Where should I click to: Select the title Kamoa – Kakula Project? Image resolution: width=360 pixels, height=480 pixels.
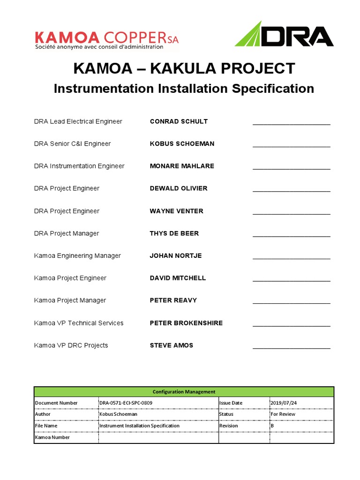click(184, 68)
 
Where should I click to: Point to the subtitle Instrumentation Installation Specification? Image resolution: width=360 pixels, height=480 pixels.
click(184, 89)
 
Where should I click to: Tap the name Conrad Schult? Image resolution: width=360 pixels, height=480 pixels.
click(179, 121)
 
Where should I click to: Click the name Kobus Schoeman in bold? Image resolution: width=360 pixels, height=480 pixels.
click(182, 144)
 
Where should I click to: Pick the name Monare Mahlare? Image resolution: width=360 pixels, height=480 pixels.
click(182, 166)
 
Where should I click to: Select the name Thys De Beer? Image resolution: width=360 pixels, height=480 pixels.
click(174, 233)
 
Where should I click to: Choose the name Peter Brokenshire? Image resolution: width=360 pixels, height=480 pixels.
click(186, 323)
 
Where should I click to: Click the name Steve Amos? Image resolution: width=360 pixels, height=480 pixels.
click(172, 345)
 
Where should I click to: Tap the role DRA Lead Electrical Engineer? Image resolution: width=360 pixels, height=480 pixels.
click(78, 121)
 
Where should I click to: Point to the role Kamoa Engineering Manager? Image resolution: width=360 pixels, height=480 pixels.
click(77, 256)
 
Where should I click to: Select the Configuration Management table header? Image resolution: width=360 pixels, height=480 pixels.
click(184, 392)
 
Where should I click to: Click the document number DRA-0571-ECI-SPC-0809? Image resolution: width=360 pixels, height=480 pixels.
click(126, 403)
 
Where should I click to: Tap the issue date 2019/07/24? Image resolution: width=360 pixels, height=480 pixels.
click(284, 403)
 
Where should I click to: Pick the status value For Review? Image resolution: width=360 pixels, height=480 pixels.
click(283, 414)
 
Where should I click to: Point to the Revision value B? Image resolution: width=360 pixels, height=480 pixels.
click(272, 426)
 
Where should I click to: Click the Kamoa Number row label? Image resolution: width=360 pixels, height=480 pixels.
click(52, 437)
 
